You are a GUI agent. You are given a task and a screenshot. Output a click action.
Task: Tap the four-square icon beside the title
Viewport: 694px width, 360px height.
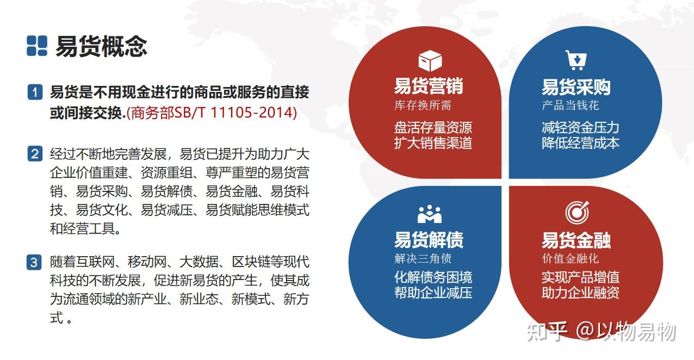pyautogui.click(x=37, y=46)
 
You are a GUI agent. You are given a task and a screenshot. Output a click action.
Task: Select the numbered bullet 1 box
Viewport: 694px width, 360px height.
pyautogui.click(x=34, y=92)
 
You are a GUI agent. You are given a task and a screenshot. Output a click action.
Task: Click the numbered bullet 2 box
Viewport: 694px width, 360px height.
pyautogui.click(x=34, y=154)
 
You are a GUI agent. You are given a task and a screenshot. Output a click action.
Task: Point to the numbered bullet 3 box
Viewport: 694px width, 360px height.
pyautogui.click(x=34, y=263)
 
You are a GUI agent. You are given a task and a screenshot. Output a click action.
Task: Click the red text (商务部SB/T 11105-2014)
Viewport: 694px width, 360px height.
pyautogui.click(x=212, y=113)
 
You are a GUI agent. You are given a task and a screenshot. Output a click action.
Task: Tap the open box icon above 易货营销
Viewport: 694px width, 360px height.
pyautogui.click(x=430, y=60)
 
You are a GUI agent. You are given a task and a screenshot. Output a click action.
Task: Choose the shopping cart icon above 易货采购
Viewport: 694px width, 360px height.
pyautogui.click(x=575, y=60)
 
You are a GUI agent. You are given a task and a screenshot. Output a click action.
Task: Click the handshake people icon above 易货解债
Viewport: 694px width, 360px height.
pyautogui.click(x=430, y=214)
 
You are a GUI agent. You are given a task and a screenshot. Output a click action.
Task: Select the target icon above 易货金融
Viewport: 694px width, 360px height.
pyautogui.click(x=577, y=213)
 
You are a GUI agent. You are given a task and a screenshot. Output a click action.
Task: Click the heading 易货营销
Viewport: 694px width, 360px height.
pyautogui.click(x=428, y=86)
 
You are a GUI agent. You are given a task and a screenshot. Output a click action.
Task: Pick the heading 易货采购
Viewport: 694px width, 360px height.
pyautogui.click(x=575, y=87)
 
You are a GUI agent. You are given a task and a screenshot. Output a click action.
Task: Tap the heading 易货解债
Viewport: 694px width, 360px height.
pyautogui.click(x=428, y=240)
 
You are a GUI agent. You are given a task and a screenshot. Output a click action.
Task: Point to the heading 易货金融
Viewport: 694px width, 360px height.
pyautogui.click(x=575, y=240)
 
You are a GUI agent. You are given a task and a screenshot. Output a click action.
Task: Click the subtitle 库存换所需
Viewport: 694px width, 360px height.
pyautogui.click(x=423, y=105)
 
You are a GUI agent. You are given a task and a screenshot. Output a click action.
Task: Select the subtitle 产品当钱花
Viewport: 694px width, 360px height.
pyautogui.click(x=570, y=105)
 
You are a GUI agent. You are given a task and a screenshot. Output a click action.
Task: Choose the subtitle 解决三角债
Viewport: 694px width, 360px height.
pyautogui.click(x=423, y=258)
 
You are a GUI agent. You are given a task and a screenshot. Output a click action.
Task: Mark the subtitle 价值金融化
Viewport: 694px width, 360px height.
pyautogui.click(x=570, y=258)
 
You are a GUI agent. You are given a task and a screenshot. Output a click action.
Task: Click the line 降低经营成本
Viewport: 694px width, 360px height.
pyautogui.click(x=580, y=143)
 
